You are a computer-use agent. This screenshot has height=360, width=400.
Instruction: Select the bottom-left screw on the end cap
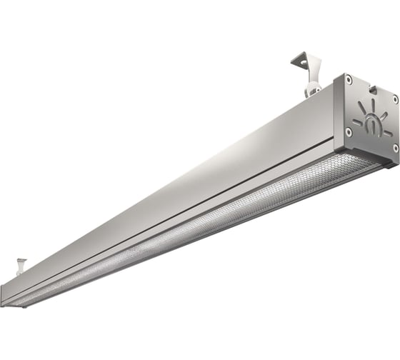tap(348, 131)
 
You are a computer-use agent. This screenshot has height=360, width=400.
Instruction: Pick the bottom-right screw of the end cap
tap(394, 148)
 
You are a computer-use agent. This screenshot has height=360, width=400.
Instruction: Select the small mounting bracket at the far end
tap(21, 266)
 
